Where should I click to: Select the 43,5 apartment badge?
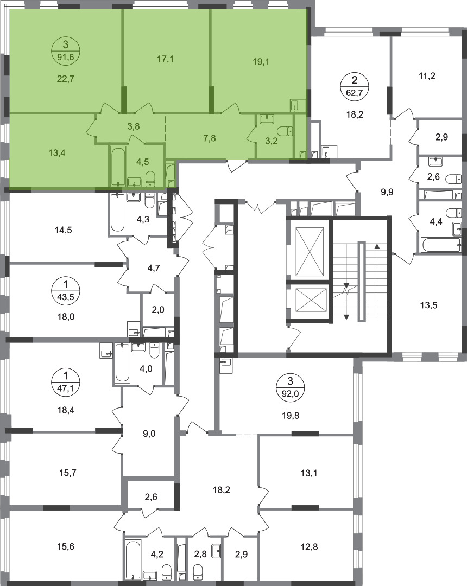pos(66,290)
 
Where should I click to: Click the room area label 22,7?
pos(66,79)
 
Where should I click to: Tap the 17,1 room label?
pos(165,59)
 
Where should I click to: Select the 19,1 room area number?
pos(261,62)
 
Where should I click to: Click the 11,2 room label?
pos(427,77)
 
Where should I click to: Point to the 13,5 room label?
pos(428,305)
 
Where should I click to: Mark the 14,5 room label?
pos(64,230)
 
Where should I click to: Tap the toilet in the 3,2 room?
pos(286,131)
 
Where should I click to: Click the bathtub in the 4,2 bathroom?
pos(132,558)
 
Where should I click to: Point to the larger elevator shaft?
pos(309,251)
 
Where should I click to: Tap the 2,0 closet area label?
pos(158,310)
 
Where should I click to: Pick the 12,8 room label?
pos(309,547)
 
